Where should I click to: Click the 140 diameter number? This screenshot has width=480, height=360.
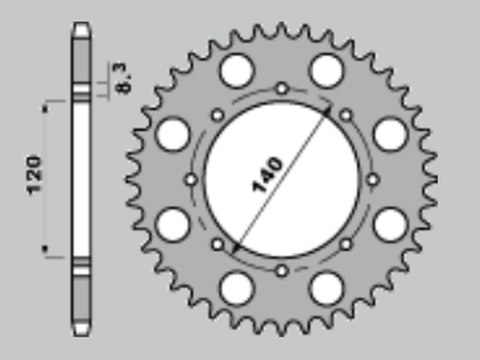pos(268,175)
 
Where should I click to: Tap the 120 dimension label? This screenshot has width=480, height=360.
pos(34,175)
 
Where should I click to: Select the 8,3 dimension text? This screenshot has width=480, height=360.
pos(122,78)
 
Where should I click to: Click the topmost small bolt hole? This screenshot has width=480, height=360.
pos(282,89)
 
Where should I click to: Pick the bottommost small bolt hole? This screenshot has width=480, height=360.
pos(282,271)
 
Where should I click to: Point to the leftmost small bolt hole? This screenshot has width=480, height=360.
pos(191,180)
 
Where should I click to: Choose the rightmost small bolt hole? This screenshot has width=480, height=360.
pos(373,180)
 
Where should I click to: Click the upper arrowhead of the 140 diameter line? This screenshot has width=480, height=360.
pos(328,109)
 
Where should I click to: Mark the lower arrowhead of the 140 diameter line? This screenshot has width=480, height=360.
pos(236,248)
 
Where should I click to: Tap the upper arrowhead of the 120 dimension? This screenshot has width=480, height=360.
pos(45,108)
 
